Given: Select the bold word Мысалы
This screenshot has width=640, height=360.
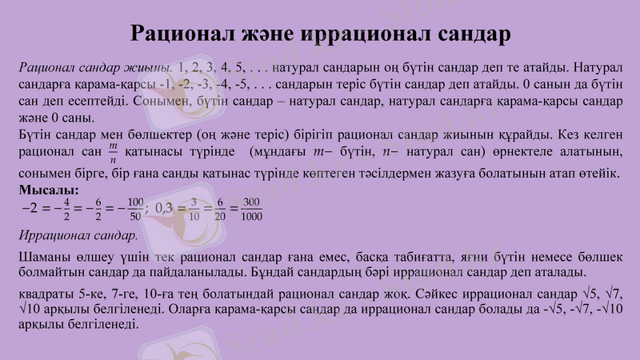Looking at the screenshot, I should click(x=47, y=190).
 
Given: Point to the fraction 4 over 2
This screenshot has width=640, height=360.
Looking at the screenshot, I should click(x=66, y=209).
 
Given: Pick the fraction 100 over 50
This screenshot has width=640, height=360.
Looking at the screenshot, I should click(x=135, y=209).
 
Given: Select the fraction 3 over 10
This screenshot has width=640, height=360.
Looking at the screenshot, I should click(x=194, y=209).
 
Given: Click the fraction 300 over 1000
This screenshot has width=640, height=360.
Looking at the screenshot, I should click(x=251, y=209).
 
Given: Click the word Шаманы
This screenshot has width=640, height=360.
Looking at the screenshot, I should click(x=41, y=257).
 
